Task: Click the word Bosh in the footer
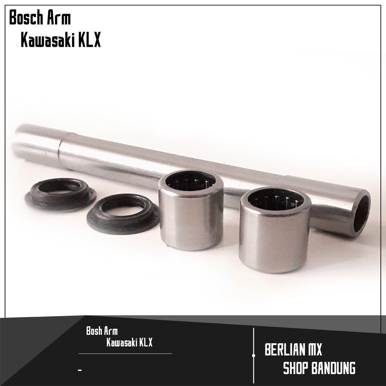[x=93, y=331]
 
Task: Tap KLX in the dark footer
[x=146, y=342]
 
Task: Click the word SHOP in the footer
[x=296, y=368]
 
